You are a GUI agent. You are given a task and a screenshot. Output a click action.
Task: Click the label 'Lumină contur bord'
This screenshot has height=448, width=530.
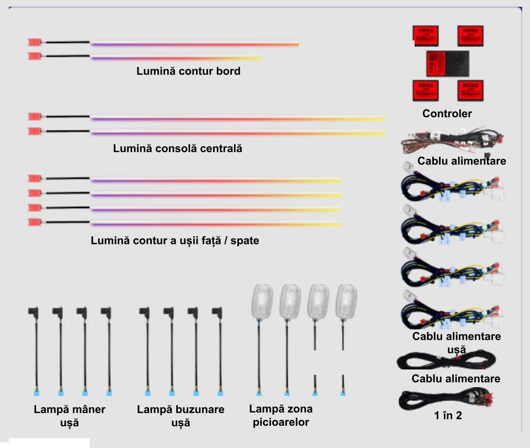click(x=188, y=71)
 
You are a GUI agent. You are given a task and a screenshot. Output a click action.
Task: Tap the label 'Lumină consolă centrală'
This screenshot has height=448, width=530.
click(x=178, y=149)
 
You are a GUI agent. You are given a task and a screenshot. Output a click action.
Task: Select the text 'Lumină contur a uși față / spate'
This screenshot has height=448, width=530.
click(x=175, y=242)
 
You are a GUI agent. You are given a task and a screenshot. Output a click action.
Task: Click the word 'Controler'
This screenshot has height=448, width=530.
click(x=447, y=114)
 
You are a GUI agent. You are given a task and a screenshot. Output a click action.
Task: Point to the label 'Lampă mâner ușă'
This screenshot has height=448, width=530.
click(x=69, y=415)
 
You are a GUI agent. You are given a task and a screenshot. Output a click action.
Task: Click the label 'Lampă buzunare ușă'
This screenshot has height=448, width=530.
click(x=181, y=415)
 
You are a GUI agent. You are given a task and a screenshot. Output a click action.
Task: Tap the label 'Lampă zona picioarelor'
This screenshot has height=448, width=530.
click(x=280, y=415)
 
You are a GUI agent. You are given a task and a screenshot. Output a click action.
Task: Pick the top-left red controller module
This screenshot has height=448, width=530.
click(x=426, y=36)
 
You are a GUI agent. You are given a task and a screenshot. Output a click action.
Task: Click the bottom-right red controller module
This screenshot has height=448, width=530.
click(x=470, y=90)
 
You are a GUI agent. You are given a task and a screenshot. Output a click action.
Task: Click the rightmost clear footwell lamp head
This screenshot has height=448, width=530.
click(x=347, y=301)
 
